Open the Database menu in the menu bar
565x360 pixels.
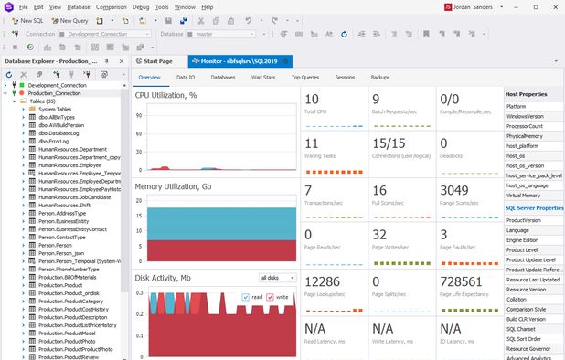[x=78, y=6]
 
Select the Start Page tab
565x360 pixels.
[x=154, y=61]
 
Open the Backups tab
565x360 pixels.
[x=380, y=78]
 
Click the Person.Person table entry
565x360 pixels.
[x=55, y=245]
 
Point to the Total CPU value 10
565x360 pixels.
[x=312, y=99]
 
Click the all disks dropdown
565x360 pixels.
[x=277, y=277]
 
